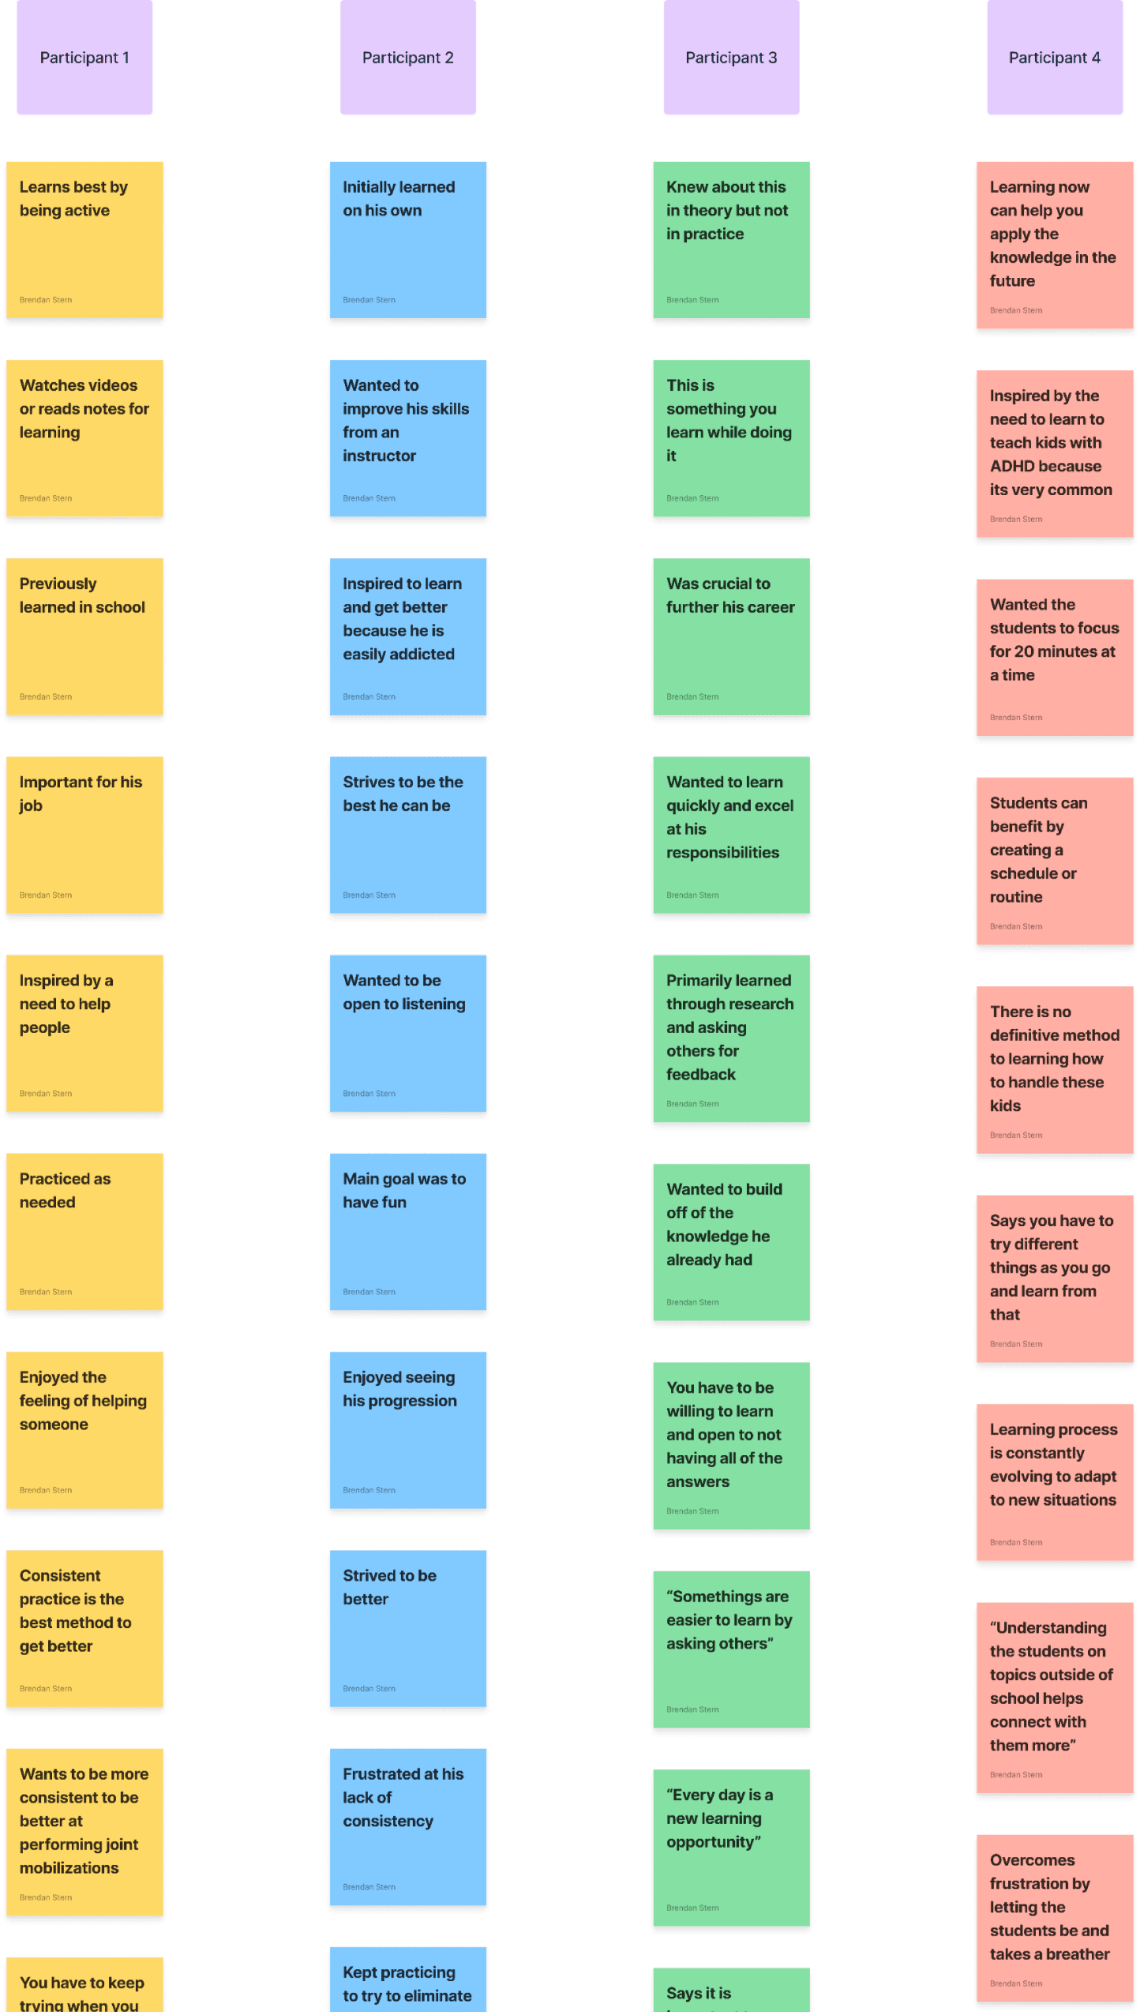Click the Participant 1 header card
84,57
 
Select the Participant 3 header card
731,57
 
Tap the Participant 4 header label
1054,57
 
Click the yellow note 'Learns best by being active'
84,240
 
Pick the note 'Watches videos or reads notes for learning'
84,438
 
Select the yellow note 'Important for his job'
84,834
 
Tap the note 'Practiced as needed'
84,1231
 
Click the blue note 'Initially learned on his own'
408,240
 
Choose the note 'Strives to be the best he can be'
408,834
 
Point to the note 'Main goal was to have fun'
408,1231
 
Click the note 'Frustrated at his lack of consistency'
408,1827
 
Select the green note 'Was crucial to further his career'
731,636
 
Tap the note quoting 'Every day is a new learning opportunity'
731,1847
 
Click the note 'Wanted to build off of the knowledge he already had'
731,1242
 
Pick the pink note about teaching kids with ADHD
1054,454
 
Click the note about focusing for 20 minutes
1054,657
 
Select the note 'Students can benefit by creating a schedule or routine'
1054,861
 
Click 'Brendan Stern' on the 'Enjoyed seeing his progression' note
369,1490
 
